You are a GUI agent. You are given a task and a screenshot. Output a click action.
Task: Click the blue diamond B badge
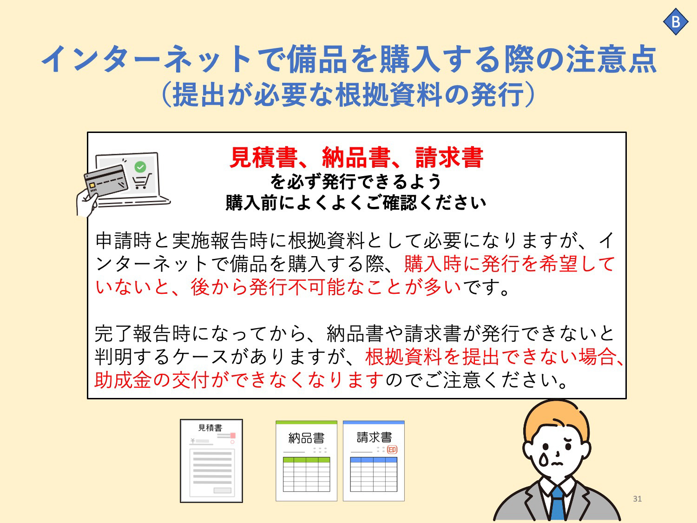[676, 21]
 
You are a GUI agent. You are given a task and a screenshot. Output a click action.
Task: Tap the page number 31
[638, 498]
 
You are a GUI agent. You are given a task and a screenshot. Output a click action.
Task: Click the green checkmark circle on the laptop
[140, 167]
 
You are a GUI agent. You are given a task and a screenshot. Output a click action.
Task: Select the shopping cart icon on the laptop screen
[141, 181]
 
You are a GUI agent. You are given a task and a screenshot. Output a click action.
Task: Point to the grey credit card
[106, 181]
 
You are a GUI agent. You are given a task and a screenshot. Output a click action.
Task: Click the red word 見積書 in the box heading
[263, 158]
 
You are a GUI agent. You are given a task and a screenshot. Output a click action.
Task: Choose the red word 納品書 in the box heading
[356, 158]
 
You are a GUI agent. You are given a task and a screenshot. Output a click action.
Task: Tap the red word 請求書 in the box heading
[449, 158]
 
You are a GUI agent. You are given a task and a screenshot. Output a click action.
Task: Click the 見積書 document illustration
[211, 461]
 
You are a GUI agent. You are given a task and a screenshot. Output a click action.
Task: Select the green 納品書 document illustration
[306, 461]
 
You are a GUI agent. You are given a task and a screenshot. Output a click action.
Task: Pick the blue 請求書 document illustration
[374, 461]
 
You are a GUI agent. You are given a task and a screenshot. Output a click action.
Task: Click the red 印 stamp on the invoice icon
[392, 450]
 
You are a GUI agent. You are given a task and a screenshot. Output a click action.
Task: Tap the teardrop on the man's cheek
[543, 459]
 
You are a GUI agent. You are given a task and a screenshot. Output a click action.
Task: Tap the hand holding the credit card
[86, 203]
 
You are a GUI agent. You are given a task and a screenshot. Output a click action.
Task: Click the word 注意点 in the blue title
[612, 59]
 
